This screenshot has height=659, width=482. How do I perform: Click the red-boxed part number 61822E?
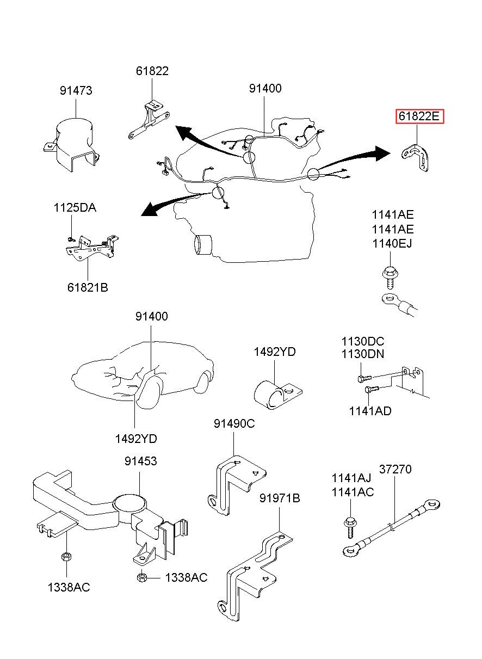coord(419,116)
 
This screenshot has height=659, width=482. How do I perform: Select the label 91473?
coord(76,90)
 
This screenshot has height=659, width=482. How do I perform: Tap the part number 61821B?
coord(88,287)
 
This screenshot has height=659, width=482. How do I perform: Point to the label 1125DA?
coord(75,208)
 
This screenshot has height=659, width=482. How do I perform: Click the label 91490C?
coord(234,423)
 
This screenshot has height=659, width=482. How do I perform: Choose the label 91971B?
coord(280,498)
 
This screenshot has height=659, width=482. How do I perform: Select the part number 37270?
coord(396,469)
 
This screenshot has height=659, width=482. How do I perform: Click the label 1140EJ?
coord(392,243)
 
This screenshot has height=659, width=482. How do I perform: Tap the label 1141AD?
coord(370,411)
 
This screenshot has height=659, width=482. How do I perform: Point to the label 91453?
coord(140,461)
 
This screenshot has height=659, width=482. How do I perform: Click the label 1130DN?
coord(363,354)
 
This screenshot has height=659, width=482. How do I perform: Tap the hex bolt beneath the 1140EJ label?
coord(390,278)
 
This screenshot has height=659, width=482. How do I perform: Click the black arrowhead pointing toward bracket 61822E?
coord(382,153)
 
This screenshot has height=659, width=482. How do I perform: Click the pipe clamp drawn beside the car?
coord(277,395)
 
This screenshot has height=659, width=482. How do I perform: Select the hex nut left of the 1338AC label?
coord(142,577)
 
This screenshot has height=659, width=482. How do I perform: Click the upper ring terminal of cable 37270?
coord(431,505)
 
